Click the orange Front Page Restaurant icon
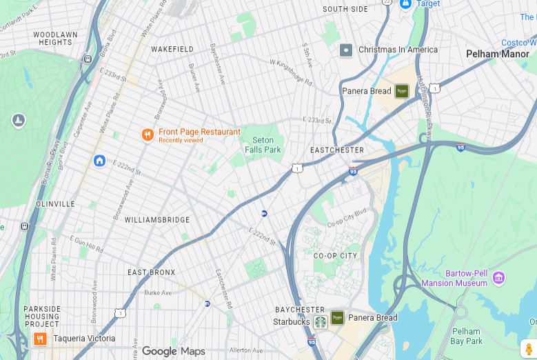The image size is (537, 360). [x=147, y=134]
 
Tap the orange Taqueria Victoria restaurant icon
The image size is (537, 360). [x=40, y=339]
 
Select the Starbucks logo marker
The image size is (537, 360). [x=320, y=321]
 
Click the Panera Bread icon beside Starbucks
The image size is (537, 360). [x=337, y=318]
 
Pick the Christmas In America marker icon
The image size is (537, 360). [x=346, y=50]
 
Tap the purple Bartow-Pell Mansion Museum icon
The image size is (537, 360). [x=498, y=278]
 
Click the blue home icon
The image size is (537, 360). [x=99, y=161]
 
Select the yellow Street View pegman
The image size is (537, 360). [x=528, y=349]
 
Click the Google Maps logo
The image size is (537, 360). [x=173, y=352]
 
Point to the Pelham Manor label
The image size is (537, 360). [x=497, y=54]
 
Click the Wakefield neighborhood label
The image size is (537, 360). [x=172, y=50]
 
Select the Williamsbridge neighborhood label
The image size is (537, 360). [x=156, y=220]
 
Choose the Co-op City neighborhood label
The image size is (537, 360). [x=335, y=256]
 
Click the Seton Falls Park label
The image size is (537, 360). [x=263, y=145]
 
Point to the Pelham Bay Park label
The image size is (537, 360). [x=466, y=337]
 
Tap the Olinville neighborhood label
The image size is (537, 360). [x=55, y=204]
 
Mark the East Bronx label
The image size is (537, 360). [x=151, y=272]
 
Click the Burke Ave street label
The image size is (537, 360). [x=158, y=292]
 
